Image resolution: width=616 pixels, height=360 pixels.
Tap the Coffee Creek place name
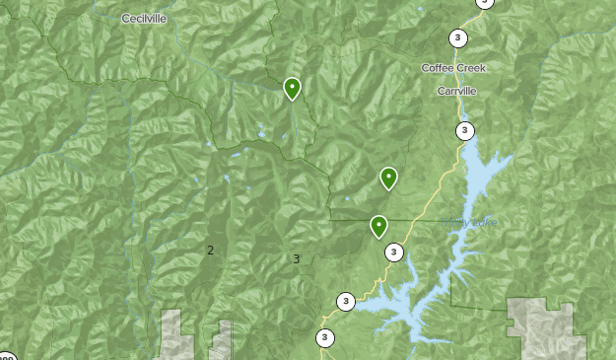click(x=453, y=67)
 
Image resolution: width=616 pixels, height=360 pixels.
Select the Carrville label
click(x=456, y=90)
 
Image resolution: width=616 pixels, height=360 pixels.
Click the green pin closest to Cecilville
click(x=292, y=89)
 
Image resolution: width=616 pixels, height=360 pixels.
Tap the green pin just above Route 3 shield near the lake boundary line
click(x=378, y=227)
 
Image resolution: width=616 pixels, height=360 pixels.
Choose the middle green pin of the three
click(x=389, y=179)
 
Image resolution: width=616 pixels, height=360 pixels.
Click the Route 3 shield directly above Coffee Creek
click(x=458, y=38)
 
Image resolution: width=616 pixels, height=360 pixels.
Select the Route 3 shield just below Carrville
click(x=464, y=130)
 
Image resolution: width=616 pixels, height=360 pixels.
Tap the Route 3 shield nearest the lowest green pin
click(x=394, y=252)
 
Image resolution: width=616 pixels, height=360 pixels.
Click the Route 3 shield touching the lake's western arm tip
click(x=346, y=301)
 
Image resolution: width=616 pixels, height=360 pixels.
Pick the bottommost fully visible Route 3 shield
click(x=325, y=338)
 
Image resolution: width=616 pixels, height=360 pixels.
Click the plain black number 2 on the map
click(x=210, y=251)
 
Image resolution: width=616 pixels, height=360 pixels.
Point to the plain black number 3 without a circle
click(x=296, y=259)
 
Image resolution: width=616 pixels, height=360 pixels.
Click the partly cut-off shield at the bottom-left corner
click(x=5, y=356)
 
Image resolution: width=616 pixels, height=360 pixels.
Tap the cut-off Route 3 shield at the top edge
click(x=484, y=3)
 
